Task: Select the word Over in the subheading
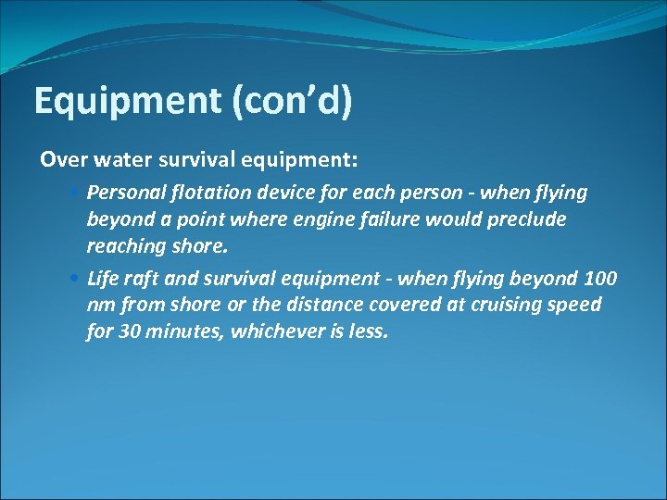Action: pos(61,159)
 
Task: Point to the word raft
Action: pos(138,279)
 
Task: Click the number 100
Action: pos(599,279)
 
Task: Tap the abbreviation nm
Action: pos(100,305)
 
